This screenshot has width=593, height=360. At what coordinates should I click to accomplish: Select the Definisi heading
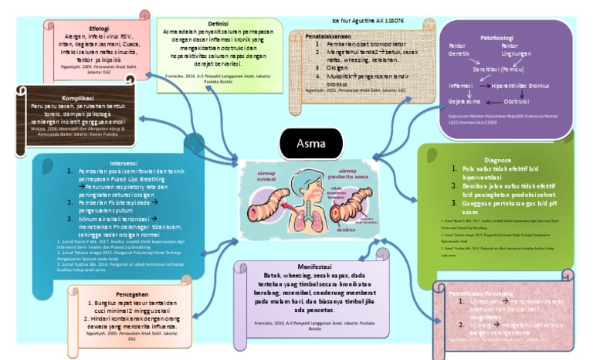202,22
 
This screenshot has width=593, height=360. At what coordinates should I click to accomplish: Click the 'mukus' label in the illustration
344,229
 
